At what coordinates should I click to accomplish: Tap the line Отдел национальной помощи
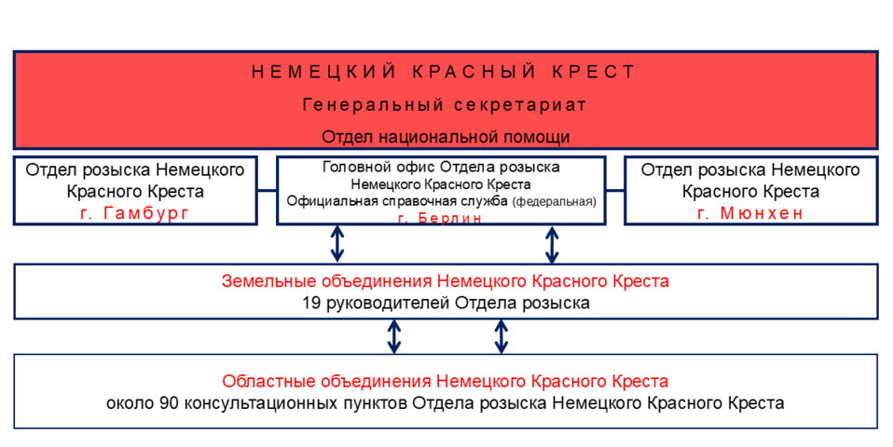pyautogui.click(x=446, y=136)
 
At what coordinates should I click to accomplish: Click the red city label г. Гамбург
pyautogui.click(x=136, y=213)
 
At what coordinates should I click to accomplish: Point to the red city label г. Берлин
pyautogui.click(x=440, y=218)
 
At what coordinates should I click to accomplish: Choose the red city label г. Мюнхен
pyautogui.click(x=750, y=213)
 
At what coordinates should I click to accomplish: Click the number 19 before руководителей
pyautogui.click(x=311, y=303)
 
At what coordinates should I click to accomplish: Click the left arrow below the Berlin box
pyautogui.click(x=337, y=244)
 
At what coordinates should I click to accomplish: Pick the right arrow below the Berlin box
pyautogui.click(x=552, y=244)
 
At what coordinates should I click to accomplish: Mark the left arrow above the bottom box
pyautogui.click(x=394, y=336)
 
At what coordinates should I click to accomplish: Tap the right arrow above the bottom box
pyautogui.click(x=501, y=336)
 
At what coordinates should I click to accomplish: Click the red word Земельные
pyautogui.click(x=262, y=280)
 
